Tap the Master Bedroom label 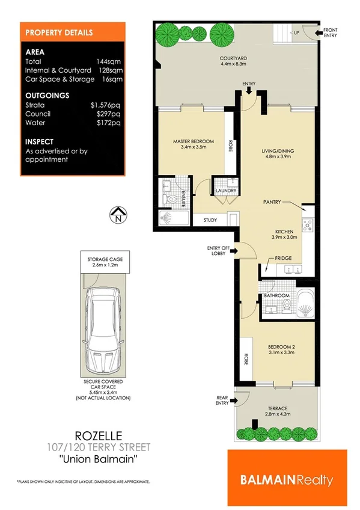[x=189, y=142]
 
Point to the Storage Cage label [x=106, y=259]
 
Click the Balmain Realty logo [x=287, y=479]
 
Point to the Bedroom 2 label [x=277, y=347]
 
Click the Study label [x=210, y=220]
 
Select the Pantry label [x=272, y=203]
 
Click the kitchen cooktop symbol [x=308, y=226]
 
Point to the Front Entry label [x=330, y=32]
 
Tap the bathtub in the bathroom [x=307, y=304]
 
